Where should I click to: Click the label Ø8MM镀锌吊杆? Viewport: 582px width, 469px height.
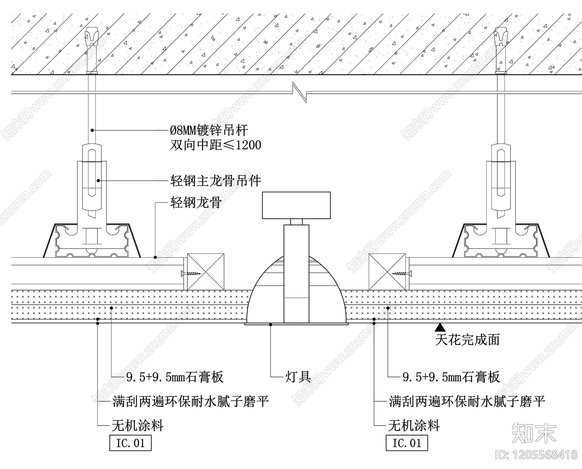tap(209, 130)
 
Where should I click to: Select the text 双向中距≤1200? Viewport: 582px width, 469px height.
tap(215, 145)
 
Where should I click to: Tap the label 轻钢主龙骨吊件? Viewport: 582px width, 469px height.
tap(215, 181)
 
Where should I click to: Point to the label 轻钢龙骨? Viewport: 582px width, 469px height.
tap(196, 202)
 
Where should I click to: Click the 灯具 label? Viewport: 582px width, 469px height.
tap(298, 377)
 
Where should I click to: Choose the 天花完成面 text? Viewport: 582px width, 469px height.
tap(467, 340)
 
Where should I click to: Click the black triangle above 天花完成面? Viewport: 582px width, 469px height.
tap(440, 328)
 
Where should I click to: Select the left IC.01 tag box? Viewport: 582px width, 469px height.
tap(130, 443)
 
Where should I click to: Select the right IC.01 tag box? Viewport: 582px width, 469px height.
tap(407, 443)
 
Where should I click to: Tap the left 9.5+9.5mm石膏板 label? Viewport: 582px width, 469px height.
tap(175, 377)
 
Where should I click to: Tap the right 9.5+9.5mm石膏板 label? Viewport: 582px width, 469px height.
tap(451, 377)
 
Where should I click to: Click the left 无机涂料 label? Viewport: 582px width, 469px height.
tap(137, 425)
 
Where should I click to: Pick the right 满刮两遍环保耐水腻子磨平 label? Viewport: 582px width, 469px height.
tap(467, 401)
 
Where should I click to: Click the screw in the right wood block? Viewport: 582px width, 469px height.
tap(402, 273)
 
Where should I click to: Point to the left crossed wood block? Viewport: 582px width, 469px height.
tap(206, 272)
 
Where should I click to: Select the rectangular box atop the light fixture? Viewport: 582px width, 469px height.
tap(296, 205)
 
